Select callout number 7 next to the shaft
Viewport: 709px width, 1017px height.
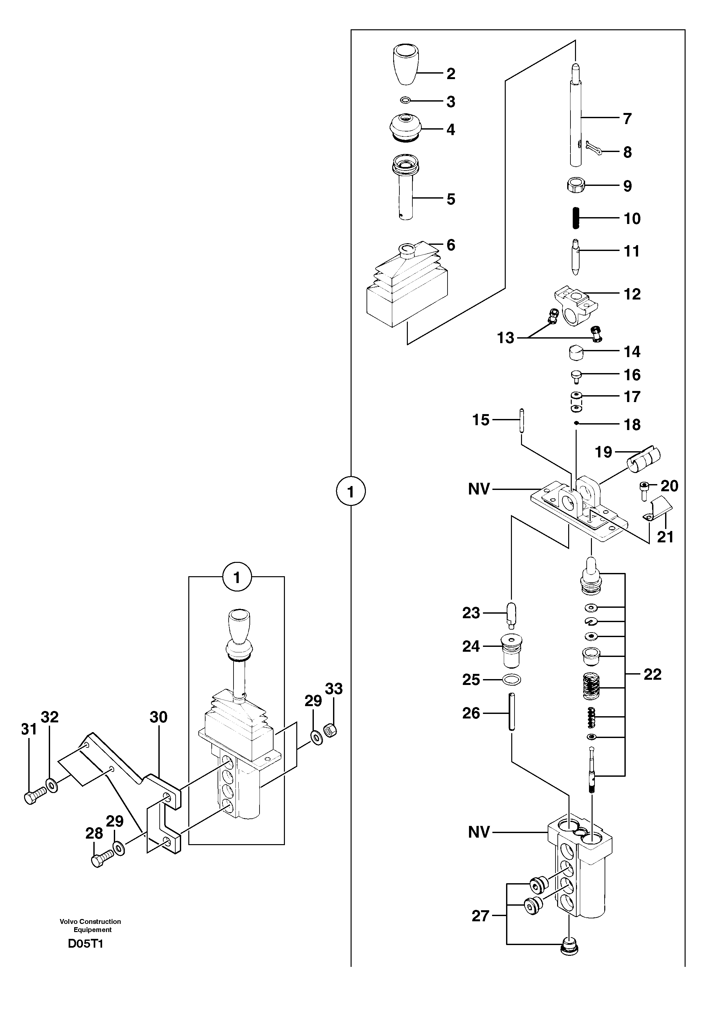(627, 119)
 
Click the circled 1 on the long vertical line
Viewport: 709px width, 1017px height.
(351, 491)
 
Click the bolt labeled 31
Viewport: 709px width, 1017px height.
(33, 798)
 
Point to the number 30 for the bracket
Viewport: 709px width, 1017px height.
(158, 717)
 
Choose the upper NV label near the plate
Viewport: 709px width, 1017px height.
(479, 489)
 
